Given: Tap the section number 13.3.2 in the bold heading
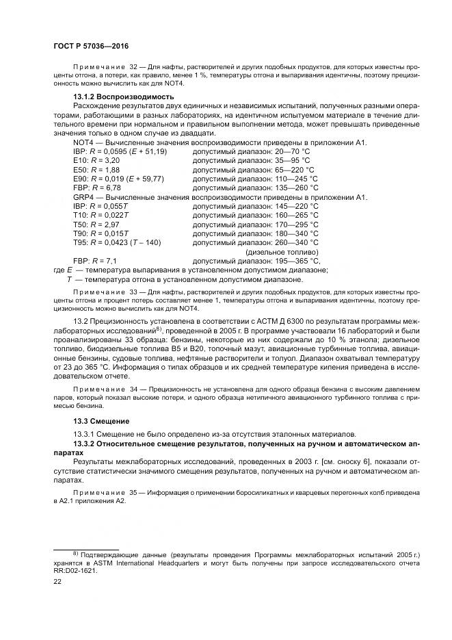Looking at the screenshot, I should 85,444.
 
